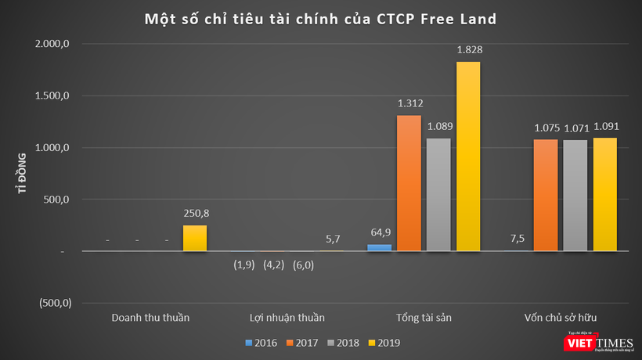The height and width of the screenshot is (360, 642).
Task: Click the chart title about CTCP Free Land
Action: (x=320, y=17)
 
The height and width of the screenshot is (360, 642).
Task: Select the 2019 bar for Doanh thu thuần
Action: (x=195, y=238)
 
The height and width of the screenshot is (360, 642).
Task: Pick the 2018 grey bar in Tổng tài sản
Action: (x=438, y=195)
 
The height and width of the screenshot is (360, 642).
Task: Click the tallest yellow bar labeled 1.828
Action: (x=468, y=157)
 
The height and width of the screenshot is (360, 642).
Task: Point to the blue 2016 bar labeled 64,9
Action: (x=379, y=247)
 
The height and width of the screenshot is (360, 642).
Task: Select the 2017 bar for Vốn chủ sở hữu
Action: (x=545, y=195)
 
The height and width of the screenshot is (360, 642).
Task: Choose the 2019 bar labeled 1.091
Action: (x=604, y=194)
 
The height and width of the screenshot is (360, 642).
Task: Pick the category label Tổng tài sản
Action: (x=424, y=318)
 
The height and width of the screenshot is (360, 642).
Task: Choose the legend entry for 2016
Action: (x=262, y=342)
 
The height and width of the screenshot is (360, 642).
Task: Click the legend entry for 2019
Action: (x=385, y=342)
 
